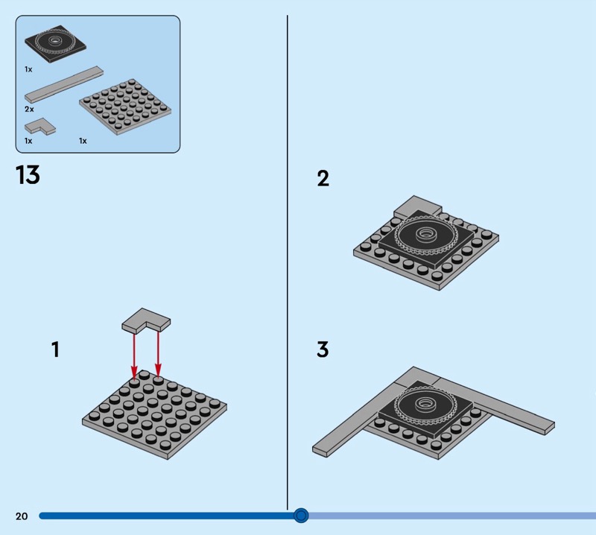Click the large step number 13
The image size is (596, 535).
point(28,176)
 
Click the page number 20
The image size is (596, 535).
point(21,516)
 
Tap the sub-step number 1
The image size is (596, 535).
point(55,349)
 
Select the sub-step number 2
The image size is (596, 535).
point(323,179)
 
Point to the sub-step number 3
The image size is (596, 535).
point(323,349)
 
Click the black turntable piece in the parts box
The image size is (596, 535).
point(56,42)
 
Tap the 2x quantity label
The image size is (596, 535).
point(29,109)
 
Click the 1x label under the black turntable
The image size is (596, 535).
point(28,69)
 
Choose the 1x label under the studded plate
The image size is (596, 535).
point(83,140)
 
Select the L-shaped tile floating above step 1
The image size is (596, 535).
point(145,320)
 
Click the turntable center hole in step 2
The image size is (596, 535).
point(426,234)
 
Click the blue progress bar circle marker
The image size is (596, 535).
point(301,515)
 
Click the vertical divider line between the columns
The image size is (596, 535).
point(288,261)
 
